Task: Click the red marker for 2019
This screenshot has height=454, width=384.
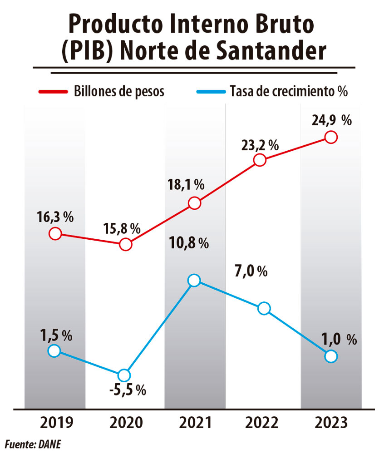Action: tap(54, 234)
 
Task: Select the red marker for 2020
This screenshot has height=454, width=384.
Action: tap(125, 245)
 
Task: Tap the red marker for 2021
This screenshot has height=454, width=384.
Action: tap(194, 203)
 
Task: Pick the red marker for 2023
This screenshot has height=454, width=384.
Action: tap(331, 137)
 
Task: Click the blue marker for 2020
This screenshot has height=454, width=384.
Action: tap(124, 375)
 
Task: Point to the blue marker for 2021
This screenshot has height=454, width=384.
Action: tap(194, 280)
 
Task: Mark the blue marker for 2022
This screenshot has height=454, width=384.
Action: tap(264, 308)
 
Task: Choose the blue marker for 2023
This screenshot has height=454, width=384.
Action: tap(331, 356)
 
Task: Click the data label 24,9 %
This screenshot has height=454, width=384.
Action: tap(331, 121)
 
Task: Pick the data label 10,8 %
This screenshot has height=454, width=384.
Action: tap(188, 243)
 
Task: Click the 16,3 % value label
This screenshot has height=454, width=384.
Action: tap(55, 217)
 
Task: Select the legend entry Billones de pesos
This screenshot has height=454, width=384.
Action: tap(119, 91)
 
